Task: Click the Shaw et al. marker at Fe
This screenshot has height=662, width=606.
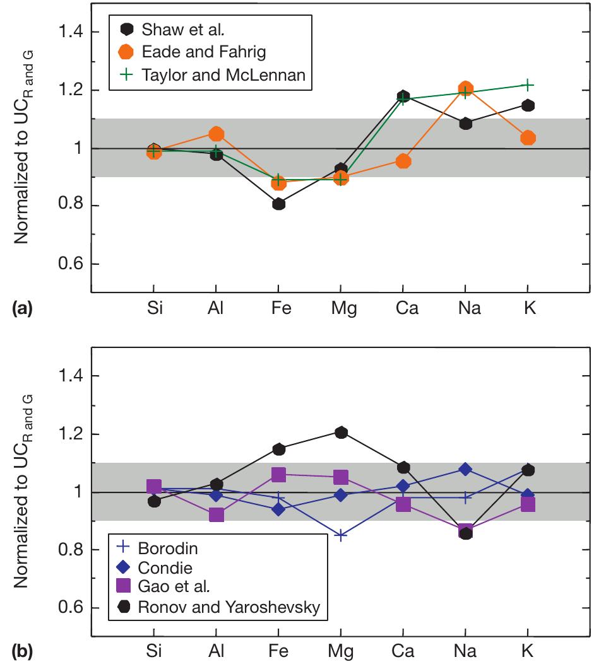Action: pyautogui.click(x=278, y=204)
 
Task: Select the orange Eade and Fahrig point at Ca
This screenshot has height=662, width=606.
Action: pyautogui.click(x=403, y=161)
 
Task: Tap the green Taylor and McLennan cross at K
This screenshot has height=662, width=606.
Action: pyautogui.click(x=528, y=84)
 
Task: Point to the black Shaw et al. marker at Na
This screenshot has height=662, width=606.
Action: pyautogui.click(x=466, y=124)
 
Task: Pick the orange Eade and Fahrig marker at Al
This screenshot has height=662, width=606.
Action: pyautogui.click(x=217, y=134)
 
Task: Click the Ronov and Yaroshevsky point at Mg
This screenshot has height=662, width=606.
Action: pyautogui.click(x=341, y=432)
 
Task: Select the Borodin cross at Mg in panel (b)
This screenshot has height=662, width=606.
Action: pyautogui.click(x=341, y=535)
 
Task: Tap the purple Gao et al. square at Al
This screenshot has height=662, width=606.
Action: pyautogui.click(x=217, y=514)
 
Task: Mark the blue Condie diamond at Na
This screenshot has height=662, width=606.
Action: pyautogui.click(x=466, y=468)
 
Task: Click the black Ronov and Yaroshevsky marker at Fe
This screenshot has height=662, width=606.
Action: pyautogui.click(x=278, y=449)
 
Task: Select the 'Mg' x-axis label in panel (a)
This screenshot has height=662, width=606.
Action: pyautogui.click(x=341, y=309)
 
